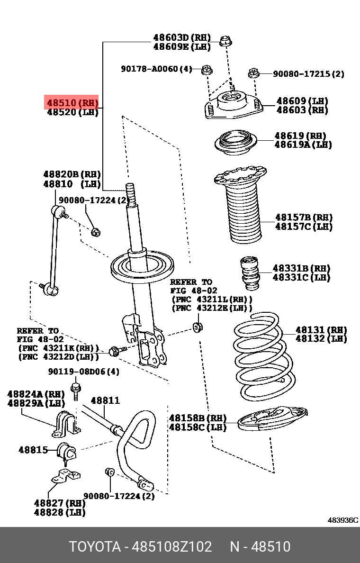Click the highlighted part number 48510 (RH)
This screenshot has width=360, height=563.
pyautogui.click(x=72, y=102)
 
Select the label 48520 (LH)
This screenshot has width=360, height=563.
pyautogui.click(x=72, y=112)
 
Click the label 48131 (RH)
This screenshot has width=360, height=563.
pyautogui.click(x=321, y=330)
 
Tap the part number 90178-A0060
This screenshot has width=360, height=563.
pyautogui.click(x=156, y=69)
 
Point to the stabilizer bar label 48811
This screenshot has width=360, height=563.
pyautogui.click(x=105, y=401)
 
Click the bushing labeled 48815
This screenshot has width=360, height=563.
pyautogui.click(x=66, y=451)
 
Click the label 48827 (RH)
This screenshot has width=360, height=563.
pyautogui.click(x=59, y=503)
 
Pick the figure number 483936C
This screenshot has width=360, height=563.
pyautogui.click(x=343, y=520)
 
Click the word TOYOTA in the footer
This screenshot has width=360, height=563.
pyautogui.click(x=95, y=546)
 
